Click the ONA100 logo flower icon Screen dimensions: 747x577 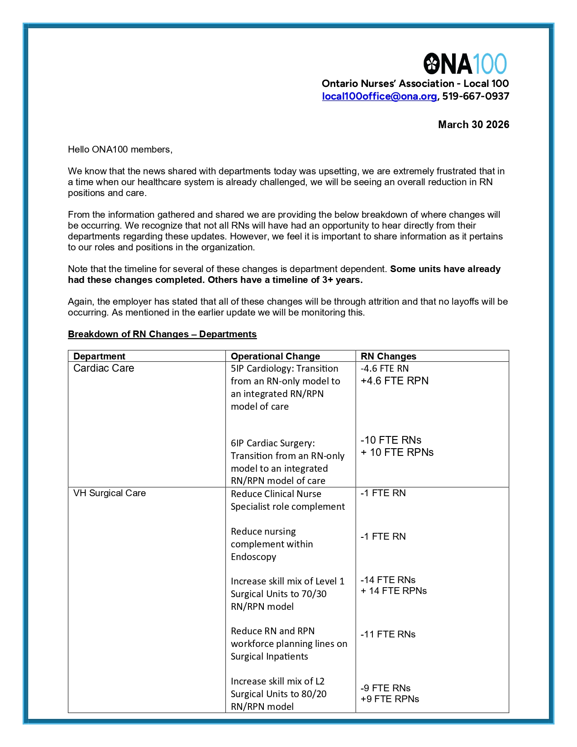(432, 63)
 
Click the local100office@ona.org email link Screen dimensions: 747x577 (379, 96)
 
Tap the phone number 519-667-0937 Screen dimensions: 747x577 (476, 96)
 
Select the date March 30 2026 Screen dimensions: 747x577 (473, 125)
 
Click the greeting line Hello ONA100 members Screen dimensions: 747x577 (120, 150)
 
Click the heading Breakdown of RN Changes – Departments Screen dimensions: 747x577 (162, 335)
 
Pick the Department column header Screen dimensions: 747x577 (99, 356)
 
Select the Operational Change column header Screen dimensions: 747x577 (275, 356)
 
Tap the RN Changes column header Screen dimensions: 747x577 (388, 356)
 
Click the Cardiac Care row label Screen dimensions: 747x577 (104, 369)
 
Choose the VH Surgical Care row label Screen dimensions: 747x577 (110, 493)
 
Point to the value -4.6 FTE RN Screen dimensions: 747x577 (385, 369)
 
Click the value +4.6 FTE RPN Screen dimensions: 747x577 (394, 381)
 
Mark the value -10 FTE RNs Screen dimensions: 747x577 (391, 440)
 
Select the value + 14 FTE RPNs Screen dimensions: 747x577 (394, 591)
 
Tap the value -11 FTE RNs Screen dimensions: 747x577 (388, 635)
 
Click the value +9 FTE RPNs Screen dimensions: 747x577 (390, 699)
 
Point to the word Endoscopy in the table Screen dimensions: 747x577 (253, 557)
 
